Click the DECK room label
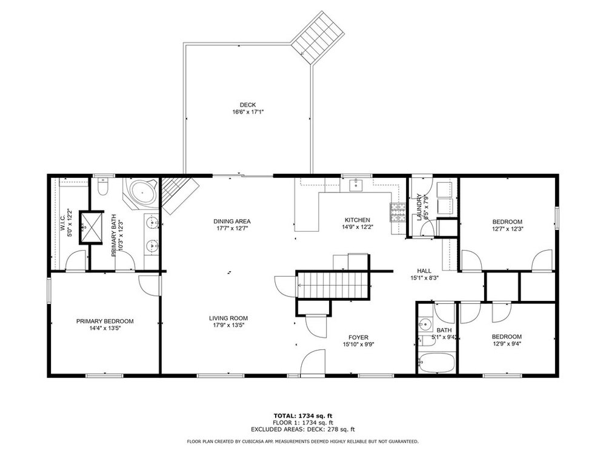pos(248,105)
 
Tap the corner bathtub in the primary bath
pos(141,193)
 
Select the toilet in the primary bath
pos(103,187)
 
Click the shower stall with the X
pos(92,228)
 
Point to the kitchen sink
pos(356,185)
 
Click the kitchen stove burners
pos(398,212)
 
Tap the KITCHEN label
pos(358,220)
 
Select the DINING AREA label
pos(232,221)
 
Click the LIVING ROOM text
pos(228,318)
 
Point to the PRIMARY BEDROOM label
pos(105,321)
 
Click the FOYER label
pos(358,337)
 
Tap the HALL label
pos(424,271)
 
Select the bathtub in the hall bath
pos(437,363)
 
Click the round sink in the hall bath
pos(426,325)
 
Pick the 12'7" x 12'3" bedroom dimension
pos(507,229)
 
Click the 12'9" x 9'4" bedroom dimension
pos(507,344)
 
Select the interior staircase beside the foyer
pos(333,285)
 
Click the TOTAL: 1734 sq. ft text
pos(303,416)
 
